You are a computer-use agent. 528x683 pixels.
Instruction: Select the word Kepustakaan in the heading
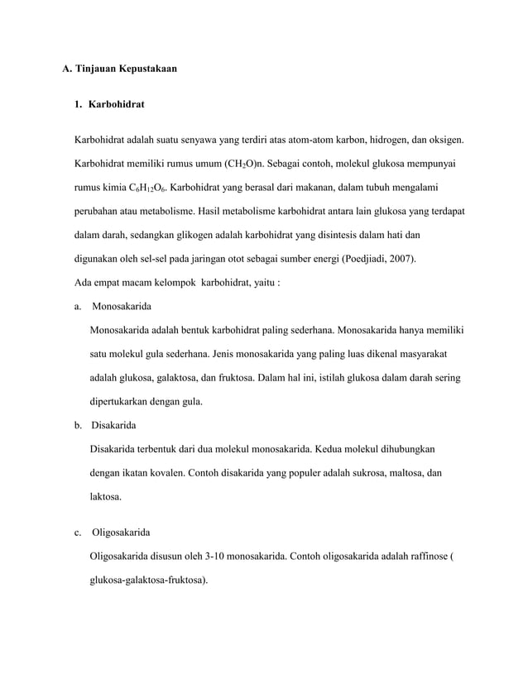[150, 69]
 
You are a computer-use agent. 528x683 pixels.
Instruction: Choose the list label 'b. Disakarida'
[112, 427]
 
